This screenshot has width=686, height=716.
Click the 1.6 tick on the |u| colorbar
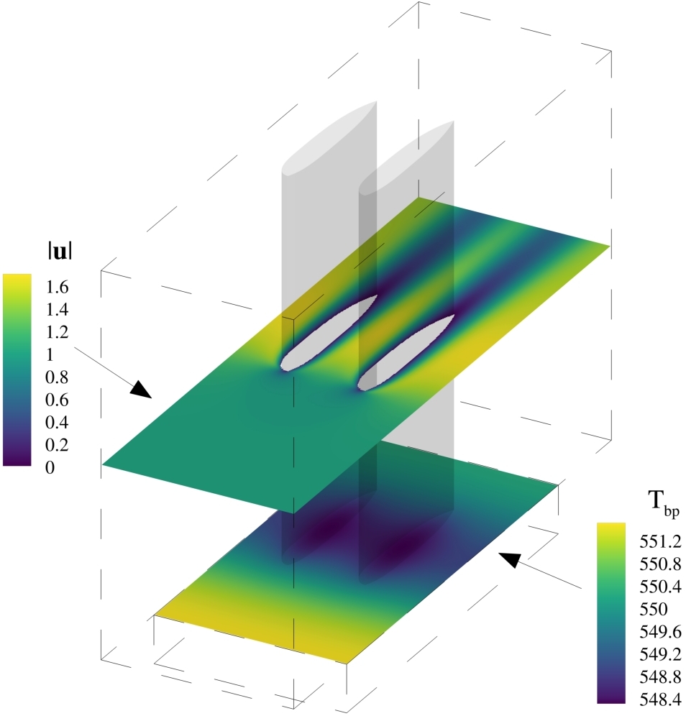coord(57,288)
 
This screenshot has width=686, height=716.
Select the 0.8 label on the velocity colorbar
coord(57,377)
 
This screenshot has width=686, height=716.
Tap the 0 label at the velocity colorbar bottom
coord(50,467)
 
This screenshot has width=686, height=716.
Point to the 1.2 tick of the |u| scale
coord(57,332)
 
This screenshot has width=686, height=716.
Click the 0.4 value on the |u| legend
coord(57,422)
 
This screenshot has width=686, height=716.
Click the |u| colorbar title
coord(60,252)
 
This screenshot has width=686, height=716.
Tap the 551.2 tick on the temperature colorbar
coord(660,541)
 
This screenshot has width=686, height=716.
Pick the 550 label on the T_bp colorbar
coord(654,609)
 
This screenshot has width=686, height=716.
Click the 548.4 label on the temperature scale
coord(660,699)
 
